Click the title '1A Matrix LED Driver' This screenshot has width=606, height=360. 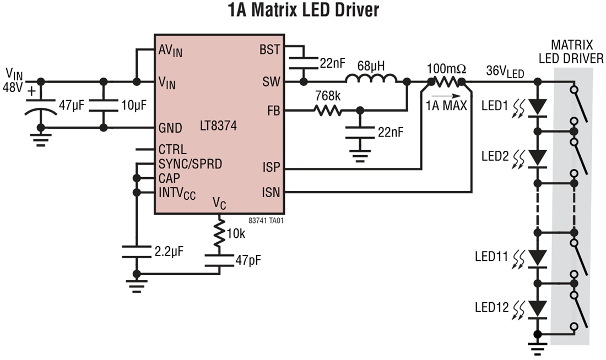[x=303, y=11]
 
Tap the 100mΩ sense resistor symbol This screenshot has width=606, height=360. [x=446, y=82]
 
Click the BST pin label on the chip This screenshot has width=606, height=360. [x=269, y=50]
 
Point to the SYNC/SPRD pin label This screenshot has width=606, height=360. [x=190, y=163]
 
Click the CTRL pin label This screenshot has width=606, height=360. [x=172, y=149]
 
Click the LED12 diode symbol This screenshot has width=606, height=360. [x=537, y=309]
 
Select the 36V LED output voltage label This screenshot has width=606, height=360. [x=505, y=71]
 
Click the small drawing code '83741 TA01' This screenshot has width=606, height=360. [x=266, y=220]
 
